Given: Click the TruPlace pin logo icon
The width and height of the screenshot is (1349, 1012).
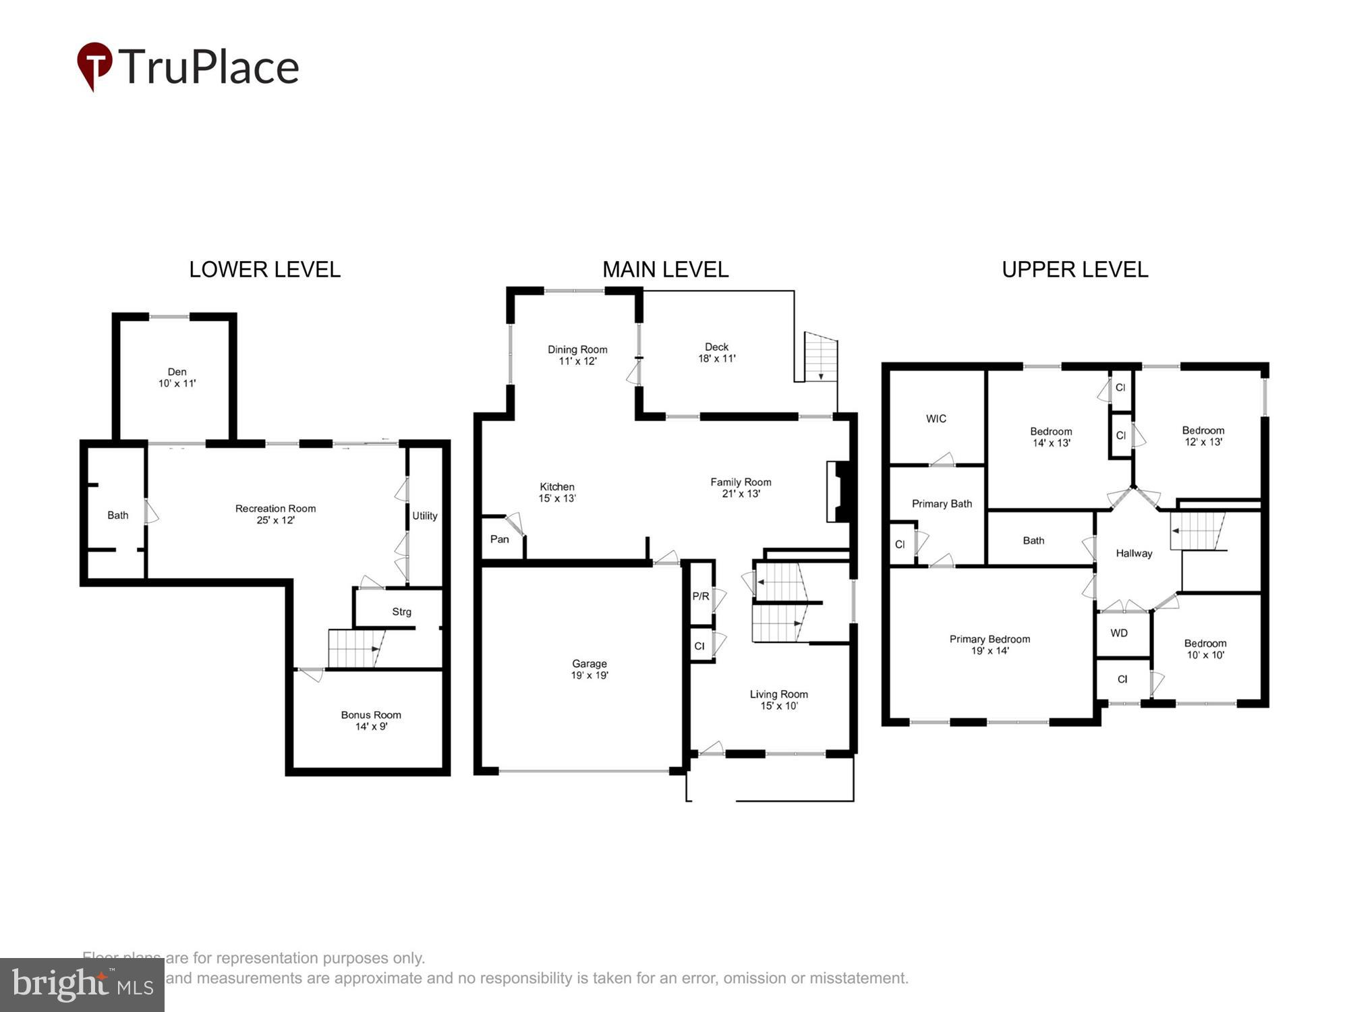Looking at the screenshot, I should coord(94,65).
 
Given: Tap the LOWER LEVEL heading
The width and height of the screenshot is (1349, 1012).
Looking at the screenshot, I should coord(264,270).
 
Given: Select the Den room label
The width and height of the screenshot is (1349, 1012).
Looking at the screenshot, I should coord(177,377).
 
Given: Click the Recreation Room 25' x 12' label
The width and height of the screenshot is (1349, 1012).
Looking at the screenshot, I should coord(275,514).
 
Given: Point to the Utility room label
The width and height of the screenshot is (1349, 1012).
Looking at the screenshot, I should coord(425,515).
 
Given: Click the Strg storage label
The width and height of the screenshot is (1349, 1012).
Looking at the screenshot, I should coord(401,612).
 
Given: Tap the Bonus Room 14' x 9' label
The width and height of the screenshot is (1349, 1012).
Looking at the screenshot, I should coord(371,721).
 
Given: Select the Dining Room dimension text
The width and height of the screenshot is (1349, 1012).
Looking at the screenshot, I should coord(577,361).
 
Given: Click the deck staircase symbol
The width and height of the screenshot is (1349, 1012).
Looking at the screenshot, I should coord(821,357).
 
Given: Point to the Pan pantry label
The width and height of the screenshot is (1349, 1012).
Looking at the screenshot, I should coord(499,539).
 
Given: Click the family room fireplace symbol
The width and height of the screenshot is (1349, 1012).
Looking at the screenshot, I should coord(839,492).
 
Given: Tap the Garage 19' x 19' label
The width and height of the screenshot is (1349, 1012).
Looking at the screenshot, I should coord(590,669).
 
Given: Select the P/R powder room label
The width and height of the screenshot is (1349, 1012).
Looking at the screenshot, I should coord(700,596).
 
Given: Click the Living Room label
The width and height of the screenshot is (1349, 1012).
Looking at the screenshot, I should coord(778,700).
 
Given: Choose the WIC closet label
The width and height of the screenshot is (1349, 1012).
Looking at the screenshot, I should coord(936,419).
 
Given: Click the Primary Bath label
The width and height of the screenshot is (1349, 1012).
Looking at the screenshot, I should coord(942,504).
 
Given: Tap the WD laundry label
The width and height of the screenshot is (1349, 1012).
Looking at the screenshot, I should coord(1119,633).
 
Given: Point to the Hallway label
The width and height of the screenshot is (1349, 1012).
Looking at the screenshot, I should coord(1134,553).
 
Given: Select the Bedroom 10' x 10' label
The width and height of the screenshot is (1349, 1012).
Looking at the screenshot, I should coord(1205,649).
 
